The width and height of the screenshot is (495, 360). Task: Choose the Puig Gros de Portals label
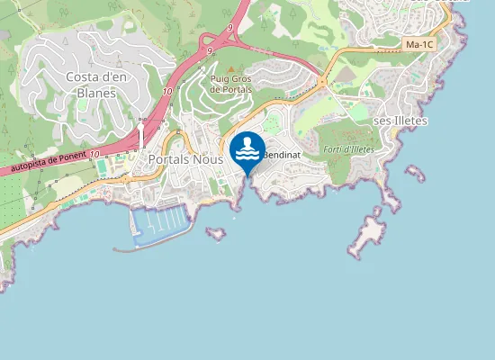[x=231, y=84]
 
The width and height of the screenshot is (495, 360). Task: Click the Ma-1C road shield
[x=419, y=43]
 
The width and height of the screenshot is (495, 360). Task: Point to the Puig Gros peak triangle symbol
[x=231, y=69]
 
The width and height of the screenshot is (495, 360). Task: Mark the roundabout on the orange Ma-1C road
[x=321, y=83]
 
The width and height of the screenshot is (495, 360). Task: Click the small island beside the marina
[x=216, y=233]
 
